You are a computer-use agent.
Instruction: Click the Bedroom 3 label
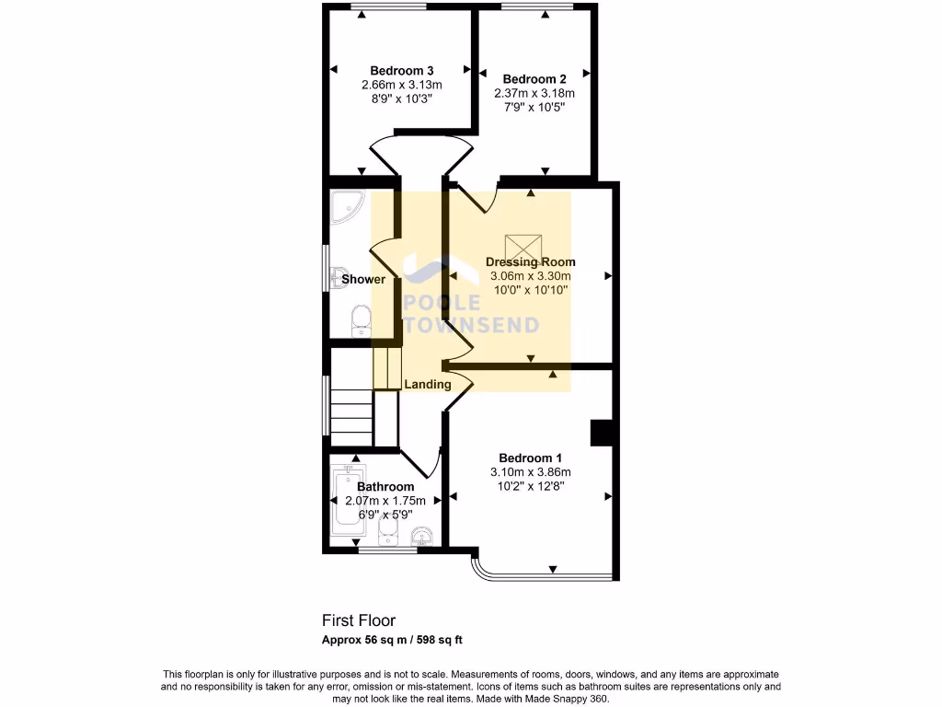[402, 71]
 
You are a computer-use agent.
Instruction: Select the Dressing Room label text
[531, 262]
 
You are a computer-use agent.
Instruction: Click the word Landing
[428, 384]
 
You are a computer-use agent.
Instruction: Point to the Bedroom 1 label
[531, 458]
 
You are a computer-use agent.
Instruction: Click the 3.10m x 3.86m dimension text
[531, 472]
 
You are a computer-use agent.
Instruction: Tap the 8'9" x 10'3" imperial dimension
[402, 98]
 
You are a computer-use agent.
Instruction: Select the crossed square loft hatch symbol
[525, 247]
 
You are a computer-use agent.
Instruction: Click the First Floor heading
[358, 621]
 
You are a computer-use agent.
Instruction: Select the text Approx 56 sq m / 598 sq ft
[397, 640]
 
